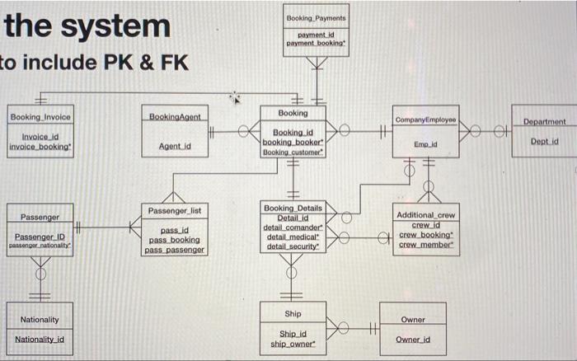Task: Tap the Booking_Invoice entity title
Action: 40,117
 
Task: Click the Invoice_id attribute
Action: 40,137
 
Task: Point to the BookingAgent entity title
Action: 174,118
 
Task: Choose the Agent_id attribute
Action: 174,147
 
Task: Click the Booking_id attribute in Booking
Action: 293,132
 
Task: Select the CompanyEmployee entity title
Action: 425,120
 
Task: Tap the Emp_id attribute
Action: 425,143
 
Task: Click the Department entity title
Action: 544,121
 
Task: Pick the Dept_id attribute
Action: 544,141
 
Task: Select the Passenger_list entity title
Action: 174,211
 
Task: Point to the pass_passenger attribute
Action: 174,249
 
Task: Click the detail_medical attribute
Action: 293,237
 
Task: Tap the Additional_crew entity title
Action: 425,215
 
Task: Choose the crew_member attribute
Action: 425,245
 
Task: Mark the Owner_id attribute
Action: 413,340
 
